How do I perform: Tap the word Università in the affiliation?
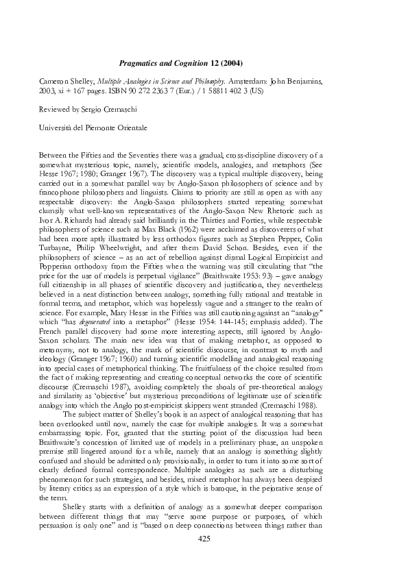58,127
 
